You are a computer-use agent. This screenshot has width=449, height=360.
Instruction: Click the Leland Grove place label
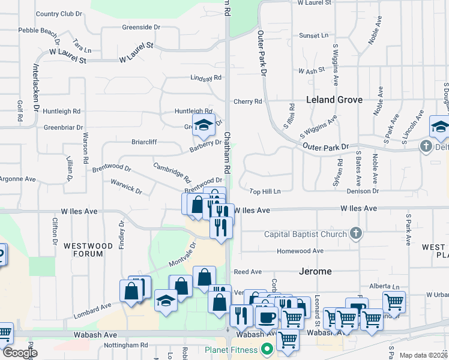334,100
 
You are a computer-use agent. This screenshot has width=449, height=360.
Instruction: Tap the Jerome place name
315,271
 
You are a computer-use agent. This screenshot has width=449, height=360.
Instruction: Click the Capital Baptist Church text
306,234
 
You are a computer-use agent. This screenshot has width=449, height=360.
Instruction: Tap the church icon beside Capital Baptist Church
355,233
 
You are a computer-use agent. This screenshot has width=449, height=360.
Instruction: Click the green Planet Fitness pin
268,349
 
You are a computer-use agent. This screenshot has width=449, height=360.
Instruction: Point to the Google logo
20,353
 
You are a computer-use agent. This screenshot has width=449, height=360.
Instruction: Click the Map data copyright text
423,355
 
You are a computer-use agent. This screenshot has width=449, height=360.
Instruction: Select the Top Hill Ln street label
265,191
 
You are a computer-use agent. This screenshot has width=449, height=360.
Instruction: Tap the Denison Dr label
363,191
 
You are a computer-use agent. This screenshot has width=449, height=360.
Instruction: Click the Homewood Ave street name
300,251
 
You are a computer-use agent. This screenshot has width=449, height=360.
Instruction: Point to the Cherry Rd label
249,101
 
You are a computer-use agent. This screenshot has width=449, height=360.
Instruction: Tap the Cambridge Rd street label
172,173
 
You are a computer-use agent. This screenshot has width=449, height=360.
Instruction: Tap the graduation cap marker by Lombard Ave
166,299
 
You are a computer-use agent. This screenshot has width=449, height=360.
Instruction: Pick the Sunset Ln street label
314,35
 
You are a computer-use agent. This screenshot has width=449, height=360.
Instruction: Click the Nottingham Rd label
127,345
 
